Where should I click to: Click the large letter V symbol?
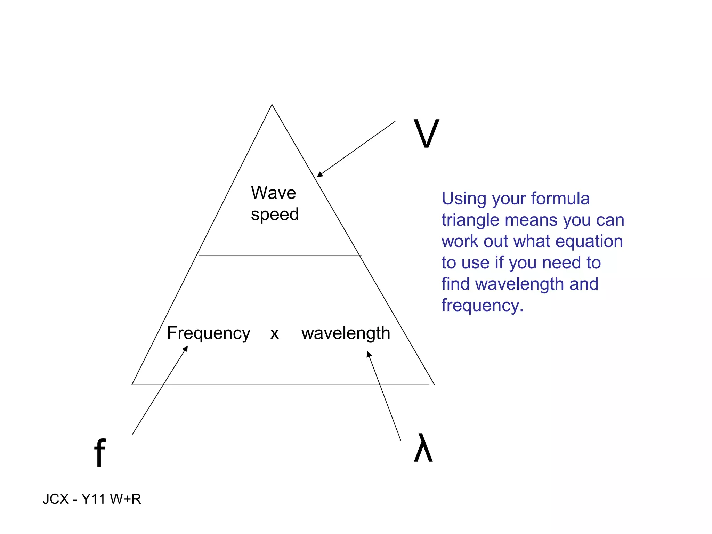426,133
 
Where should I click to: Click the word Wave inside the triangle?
273,193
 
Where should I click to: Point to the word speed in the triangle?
275,215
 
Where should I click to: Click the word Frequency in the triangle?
208,333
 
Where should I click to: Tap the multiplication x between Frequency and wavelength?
274,334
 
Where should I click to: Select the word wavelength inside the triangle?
346,333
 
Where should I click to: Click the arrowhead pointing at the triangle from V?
319,174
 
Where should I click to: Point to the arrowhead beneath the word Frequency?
186,348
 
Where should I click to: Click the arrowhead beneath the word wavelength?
369,354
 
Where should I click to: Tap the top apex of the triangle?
272,105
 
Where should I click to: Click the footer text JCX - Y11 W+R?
92,499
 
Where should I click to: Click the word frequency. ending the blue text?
482,306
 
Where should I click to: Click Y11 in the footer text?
93,499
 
